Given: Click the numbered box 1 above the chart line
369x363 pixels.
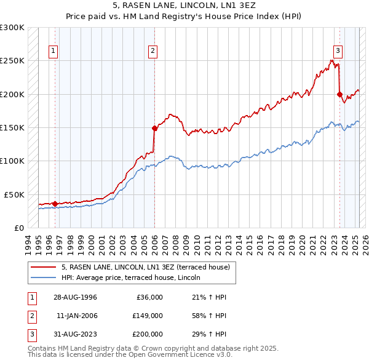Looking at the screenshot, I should click(54, 51).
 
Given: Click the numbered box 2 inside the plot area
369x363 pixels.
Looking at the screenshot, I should click(153, 51).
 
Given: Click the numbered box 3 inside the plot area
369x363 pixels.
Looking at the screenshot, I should click(338, 51).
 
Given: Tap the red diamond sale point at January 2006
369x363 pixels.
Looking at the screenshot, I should click(154, 128).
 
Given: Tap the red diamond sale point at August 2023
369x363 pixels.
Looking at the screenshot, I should click(339, 94).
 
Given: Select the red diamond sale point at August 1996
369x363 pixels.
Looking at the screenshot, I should click(55, 204).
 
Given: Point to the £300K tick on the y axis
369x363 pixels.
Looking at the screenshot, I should click(12, 28).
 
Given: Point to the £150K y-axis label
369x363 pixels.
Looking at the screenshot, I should click(12, 127).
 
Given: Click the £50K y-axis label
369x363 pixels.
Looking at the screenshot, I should click(14, 194).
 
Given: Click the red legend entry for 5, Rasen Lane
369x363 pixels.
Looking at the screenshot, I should click(145, 267).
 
